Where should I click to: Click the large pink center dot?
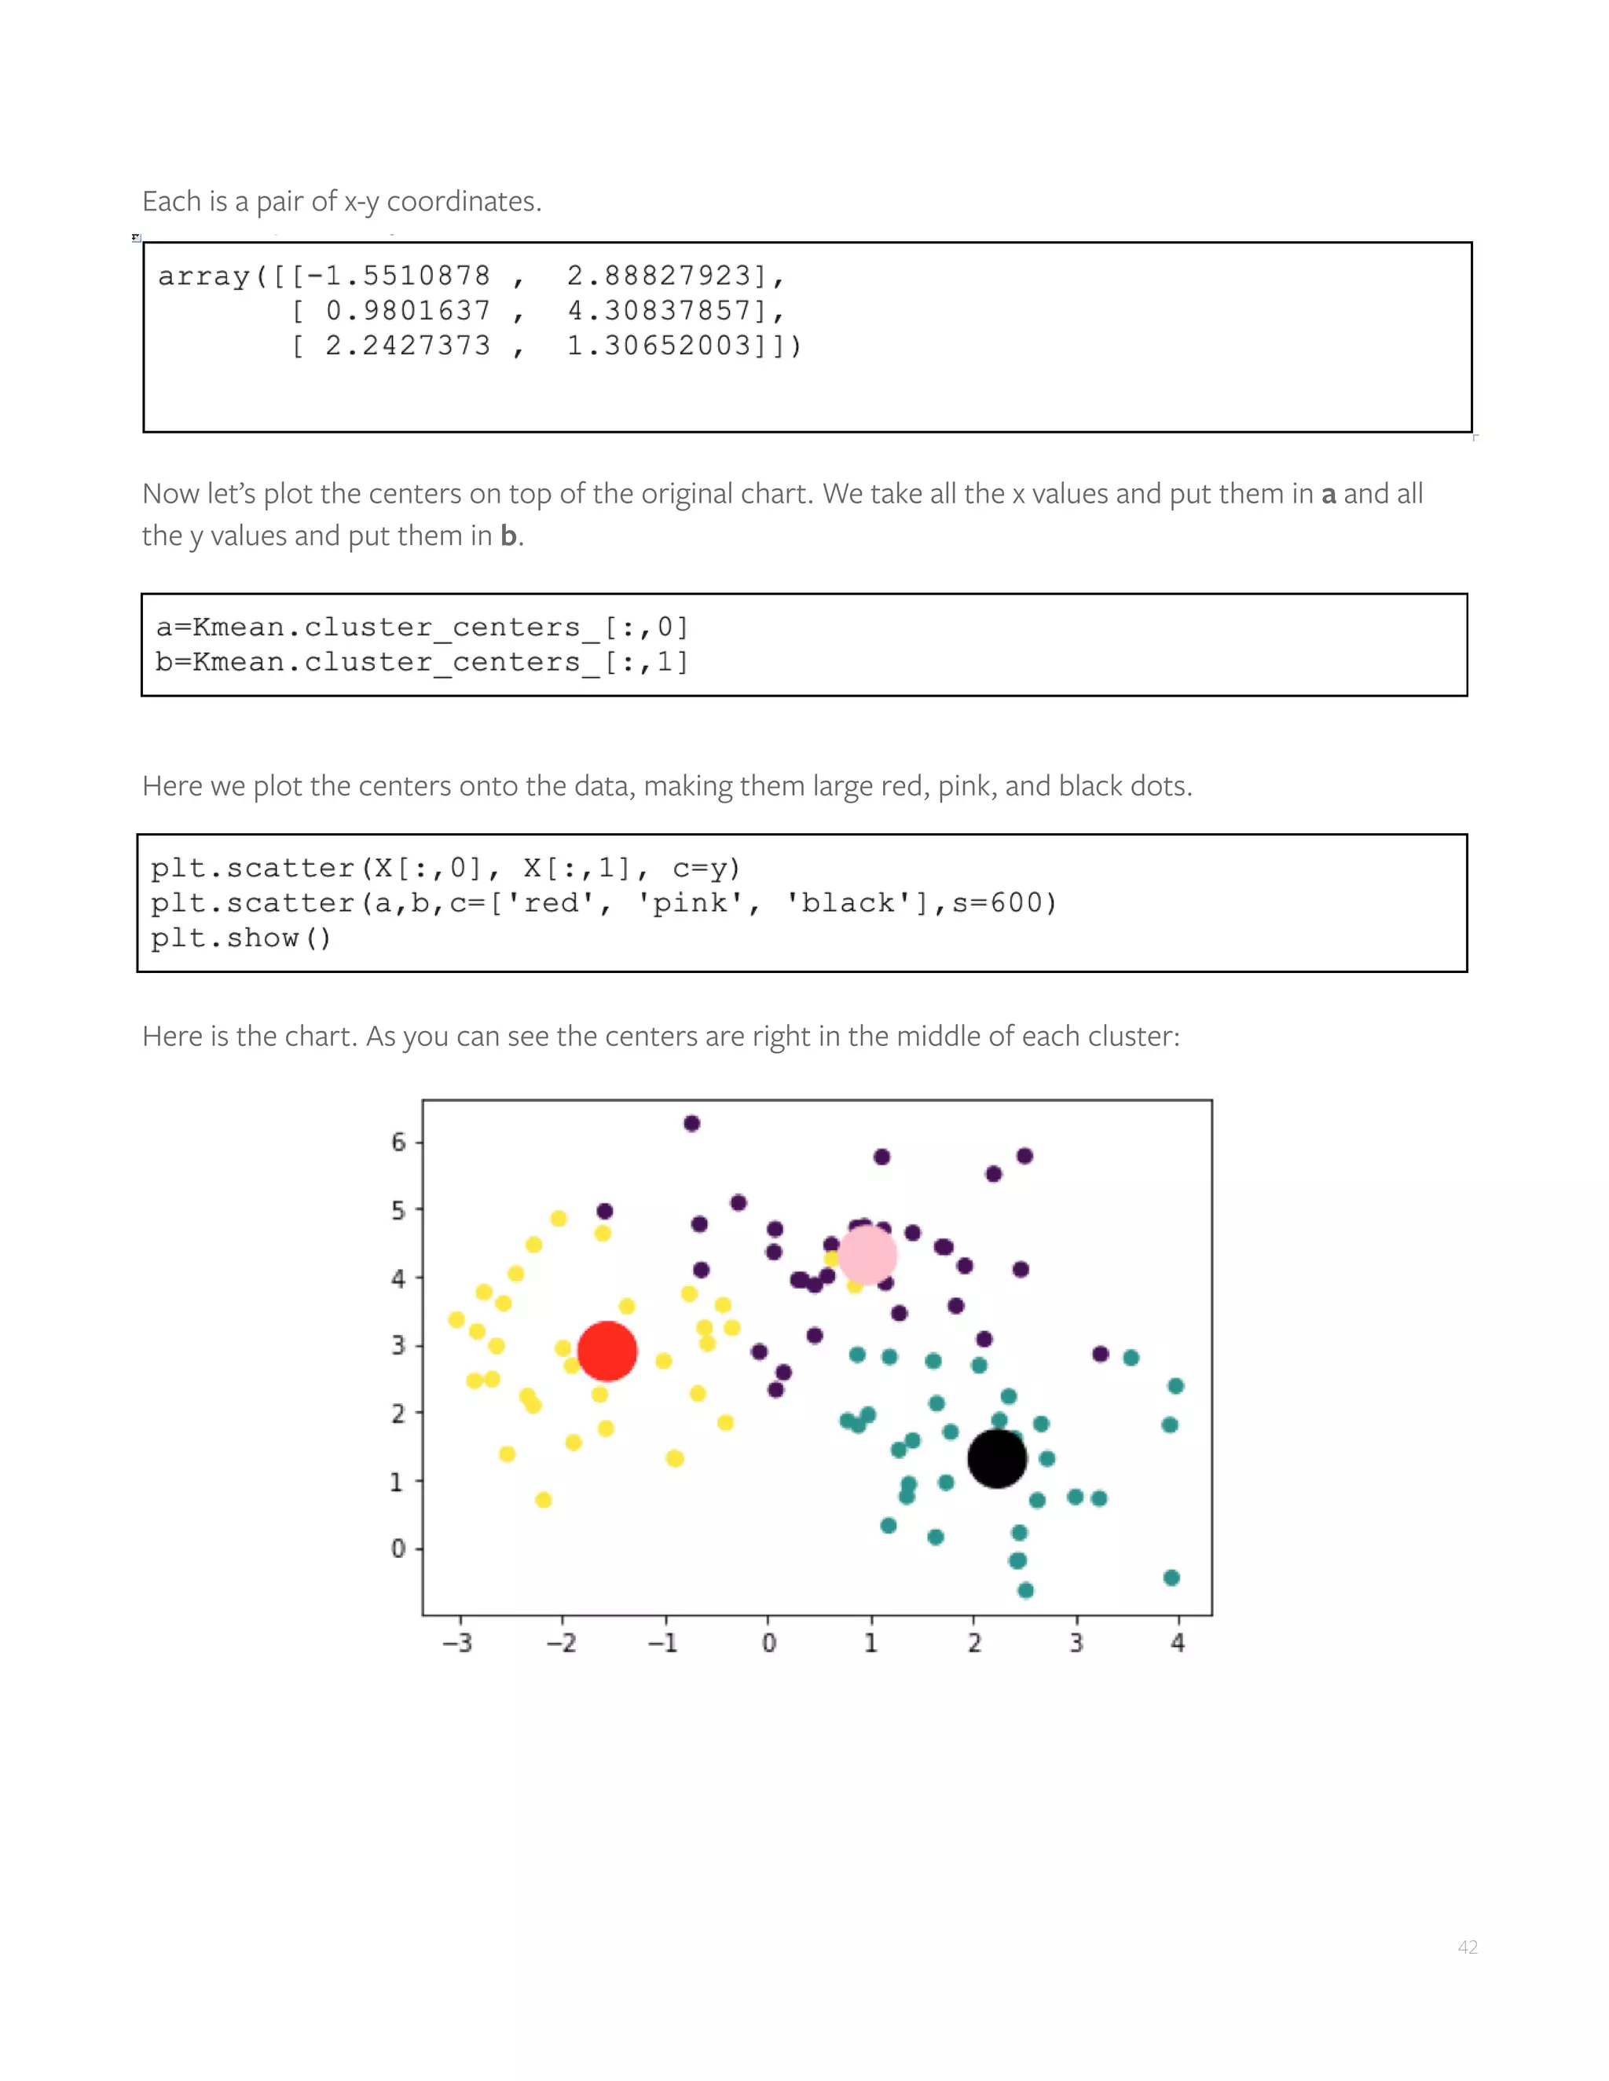pyautogui.click(x=867, y=1255)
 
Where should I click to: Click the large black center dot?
pyautogui.click(x=996, y=1459)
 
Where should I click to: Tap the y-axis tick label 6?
pyautogui.click(x=398, y=1142)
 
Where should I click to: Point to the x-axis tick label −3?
pyautogui.click(x=457, y=1643)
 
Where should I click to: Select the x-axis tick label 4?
pyautogui.click(x=1178, y=1643)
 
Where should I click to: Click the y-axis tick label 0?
pyautogui.click(x=398, y=1549)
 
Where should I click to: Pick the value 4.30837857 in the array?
pyautogui.click(x=660, y=311)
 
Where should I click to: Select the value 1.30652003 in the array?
pyautogui.click(x=660, y=345)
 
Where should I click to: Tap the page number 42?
pyautogui.click(x=1467, y=1947)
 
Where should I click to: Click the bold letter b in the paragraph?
pyautogui.click(x=509, y=536)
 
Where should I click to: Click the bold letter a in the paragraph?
pyautogui.click(x=1328, y=495)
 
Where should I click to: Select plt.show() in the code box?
pyautogui.click(x=240, y=938)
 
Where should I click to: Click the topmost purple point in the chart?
pyautogui.click(x=692, y=1124)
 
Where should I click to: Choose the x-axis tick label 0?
pyautogui.click(x=769, y=1643)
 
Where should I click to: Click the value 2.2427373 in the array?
pyautogui.click(x=408, y=345)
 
